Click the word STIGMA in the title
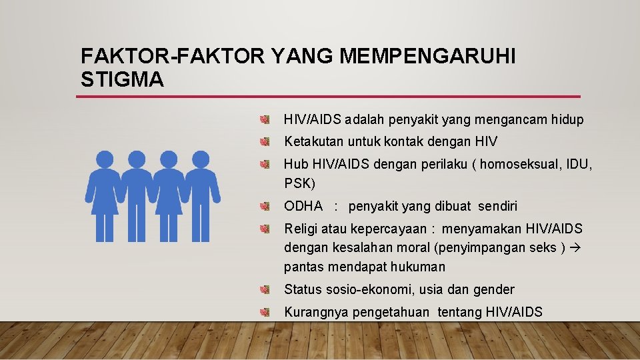click(x=121, y=80)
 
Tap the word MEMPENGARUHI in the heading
click(x=427, y=57)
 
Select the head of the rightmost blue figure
click(x=200, y=159)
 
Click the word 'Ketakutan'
click(x=313, y=141)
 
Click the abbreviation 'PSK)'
click(x=299, y=183)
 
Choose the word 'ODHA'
click(x=303, y=206)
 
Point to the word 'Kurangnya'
click(x=315, y=312)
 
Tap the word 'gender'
click(x=494, y=289)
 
